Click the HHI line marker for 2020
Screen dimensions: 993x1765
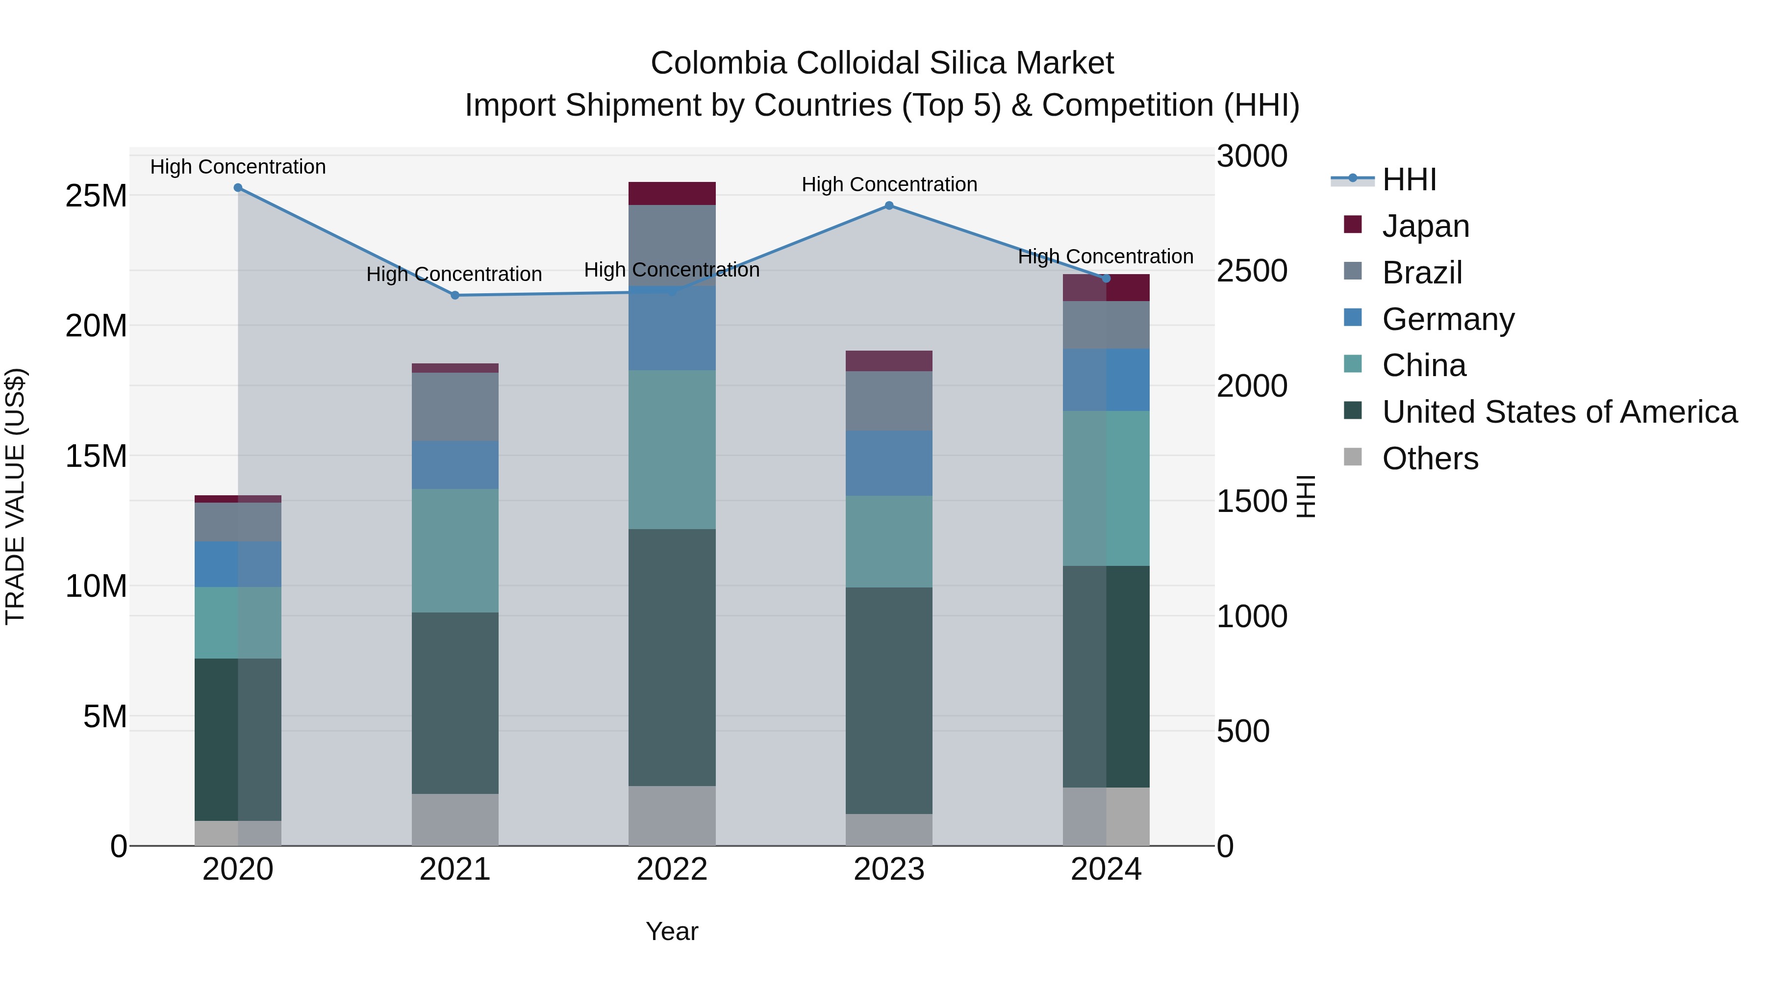coord(238,188)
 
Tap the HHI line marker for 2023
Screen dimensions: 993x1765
coord(889,205)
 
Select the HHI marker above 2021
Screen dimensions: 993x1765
coord(455,295)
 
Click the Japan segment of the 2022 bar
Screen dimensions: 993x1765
coord(672,194)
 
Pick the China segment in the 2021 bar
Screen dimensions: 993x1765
coord(455,550)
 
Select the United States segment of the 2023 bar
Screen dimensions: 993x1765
coord(889,700)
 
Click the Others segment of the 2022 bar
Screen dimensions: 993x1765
coord(672,815)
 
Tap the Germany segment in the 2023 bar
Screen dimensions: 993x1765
coord(889,463)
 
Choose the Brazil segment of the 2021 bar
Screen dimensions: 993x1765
coord(455,407)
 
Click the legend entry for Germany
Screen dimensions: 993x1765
coord(1448,319)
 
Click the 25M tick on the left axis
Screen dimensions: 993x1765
coord(96,197)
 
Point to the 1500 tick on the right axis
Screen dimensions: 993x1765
coord(1252,502)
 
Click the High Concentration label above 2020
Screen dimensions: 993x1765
coord(238,167)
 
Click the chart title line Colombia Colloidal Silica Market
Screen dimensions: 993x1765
coord(882,63)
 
